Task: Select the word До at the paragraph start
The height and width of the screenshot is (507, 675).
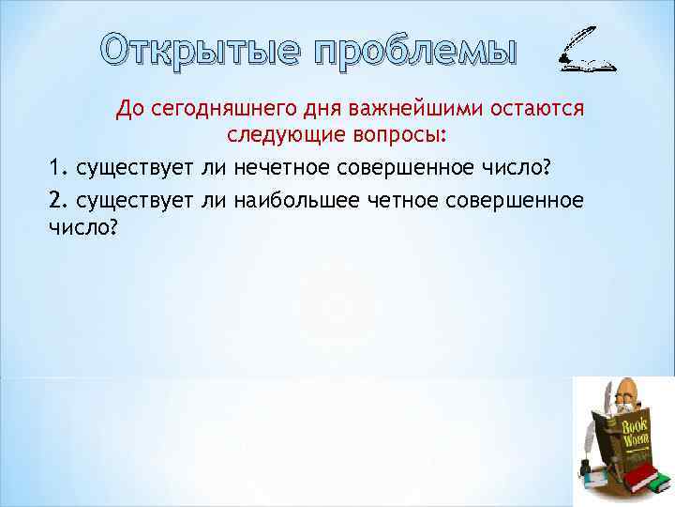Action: click(128, 111)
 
